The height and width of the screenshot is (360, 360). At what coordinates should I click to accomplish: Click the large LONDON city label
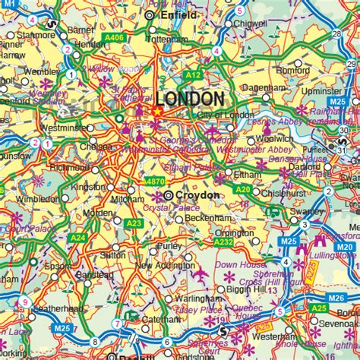tap(190, 99)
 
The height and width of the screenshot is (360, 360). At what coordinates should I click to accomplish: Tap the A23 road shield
tap(134, 223)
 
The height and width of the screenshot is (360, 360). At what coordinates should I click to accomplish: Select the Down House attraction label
tap(237, 265)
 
